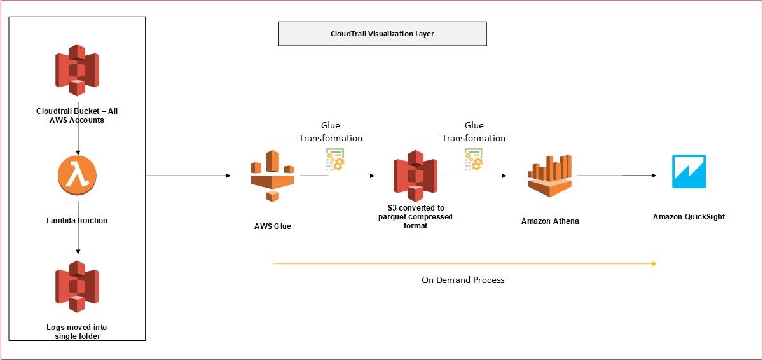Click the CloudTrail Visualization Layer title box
point(382,34)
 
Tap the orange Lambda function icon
point(77,176)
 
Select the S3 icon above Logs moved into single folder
point(77,287)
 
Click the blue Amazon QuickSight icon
point(689,172)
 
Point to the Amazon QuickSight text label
point(689,217)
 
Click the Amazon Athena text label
point(550,221)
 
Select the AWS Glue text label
point(272,226)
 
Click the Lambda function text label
point(77,221)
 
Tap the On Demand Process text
point(463,280)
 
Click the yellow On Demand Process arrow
point(464,263)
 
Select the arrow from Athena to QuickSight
point(617,176)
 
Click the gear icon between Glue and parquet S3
point(333,159)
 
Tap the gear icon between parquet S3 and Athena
point(473,159)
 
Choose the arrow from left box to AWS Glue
point(188,176)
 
